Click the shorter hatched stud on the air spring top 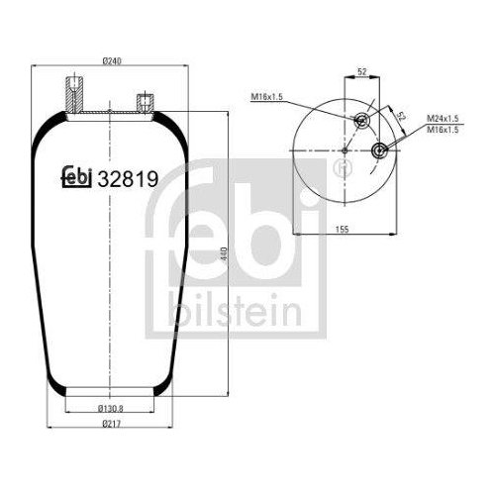[142, 103]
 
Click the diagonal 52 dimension [400, 116]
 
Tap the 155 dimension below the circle [341, 230]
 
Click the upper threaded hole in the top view [360, 121]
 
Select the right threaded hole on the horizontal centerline [379, 150]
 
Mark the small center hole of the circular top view [343, 150]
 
